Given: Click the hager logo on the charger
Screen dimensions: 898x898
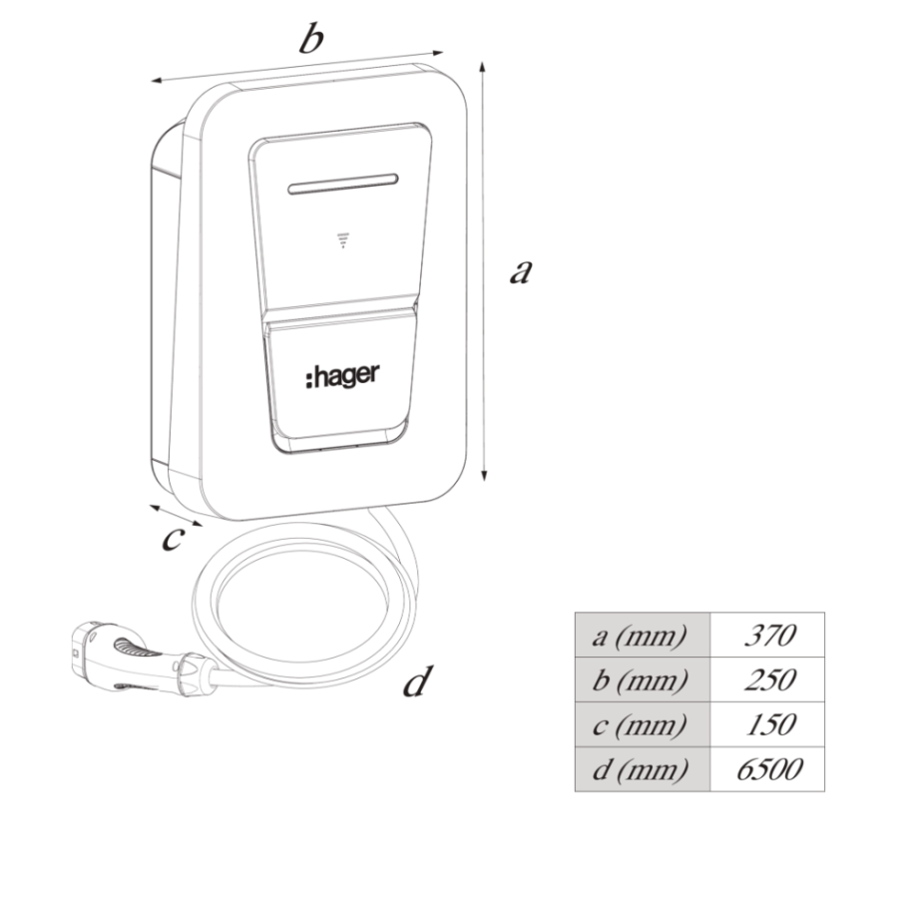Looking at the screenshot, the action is click(342, 376).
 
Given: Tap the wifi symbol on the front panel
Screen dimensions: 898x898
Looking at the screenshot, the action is click(343, 240).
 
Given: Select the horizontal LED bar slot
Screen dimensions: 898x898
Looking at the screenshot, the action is click(342, 184).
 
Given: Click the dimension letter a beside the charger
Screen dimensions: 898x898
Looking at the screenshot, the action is click(521, 271).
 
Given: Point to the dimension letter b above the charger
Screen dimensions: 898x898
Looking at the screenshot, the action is click(311, 38).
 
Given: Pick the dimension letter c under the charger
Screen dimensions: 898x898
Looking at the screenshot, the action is click(173, 539).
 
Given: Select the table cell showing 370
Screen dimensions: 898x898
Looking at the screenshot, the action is click(768, 636).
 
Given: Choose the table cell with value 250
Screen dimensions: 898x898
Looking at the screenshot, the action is click(768, 679).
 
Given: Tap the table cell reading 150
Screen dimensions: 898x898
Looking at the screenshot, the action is click(768, 724).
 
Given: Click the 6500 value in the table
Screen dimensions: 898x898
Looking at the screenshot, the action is click(768, 769).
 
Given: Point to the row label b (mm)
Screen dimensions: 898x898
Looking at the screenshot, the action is click(640, 680).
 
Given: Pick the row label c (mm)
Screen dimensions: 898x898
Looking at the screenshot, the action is click(640, 725).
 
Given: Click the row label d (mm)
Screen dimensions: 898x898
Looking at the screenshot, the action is click(640, 769).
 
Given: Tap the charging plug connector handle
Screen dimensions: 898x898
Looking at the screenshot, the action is click(143, 660).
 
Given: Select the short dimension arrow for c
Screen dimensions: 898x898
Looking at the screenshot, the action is click(176, 515).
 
